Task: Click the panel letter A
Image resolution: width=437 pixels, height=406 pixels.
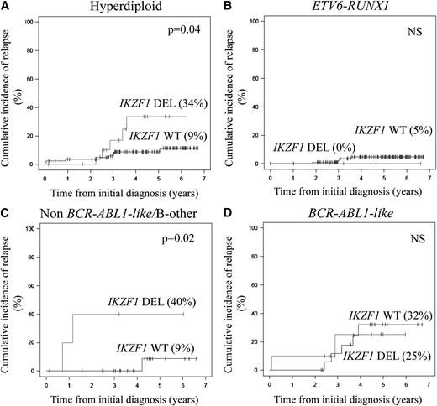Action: tap(6, 7)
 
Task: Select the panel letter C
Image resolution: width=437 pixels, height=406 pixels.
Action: tap(6, 214)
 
